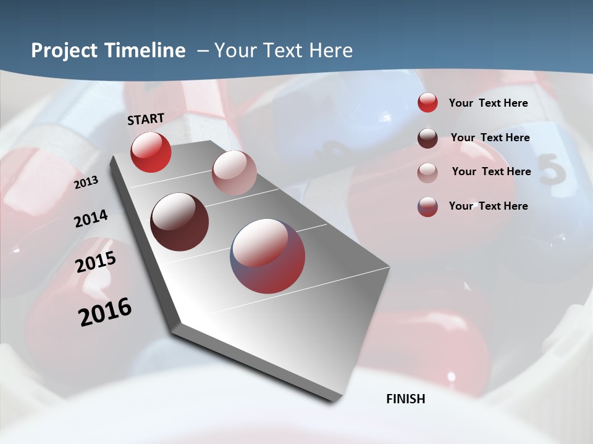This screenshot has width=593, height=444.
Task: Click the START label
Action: click(x=146, y=119)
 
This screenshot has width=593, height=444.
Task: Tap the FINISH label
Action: click(x=406, y=399)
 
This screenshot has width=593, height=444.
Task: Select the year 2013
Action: click(x=86, y=183)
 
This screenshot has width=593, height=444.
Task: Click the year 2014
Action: click(x=91, y=219)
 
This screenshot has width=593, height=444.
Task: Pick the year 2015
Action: click(x=96, y=262)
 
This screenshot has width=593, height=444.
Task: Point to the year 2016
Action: click(x=105, y=311)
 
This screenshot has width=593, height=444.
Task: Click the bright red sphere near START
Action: click(x=151, y=152)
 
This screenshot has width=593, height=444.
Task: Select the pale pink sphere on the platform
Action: click(x=234, y=173)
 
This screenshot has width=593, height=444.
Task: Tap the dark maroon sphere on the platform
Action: click(x=179, y=222)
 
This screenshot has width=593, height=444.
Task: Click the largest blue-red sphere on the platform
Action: click(x=268, y=256)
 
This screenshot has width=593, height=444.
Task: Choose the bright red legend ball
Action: click(x=427, y=103)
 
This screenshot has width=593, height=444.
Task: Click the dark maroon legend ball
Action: click(x=427, y=138)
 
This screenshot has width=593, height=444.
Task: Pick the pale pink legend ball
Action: click(x=427, y=172)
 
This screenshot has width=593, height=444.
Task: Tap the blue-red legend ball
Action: click(x=427, y=207)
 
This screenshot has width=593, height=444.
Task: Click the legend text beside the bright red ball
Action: click(x=488, y=103)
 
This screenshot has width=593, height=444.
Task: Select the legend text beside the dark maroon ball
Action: click(x=490, y=138)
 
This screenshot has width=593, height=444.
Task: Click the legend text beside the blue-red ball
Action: click(x=488, y=206)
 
